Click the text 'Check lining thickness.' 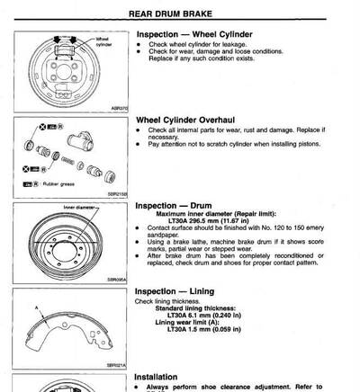point(167,301)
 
